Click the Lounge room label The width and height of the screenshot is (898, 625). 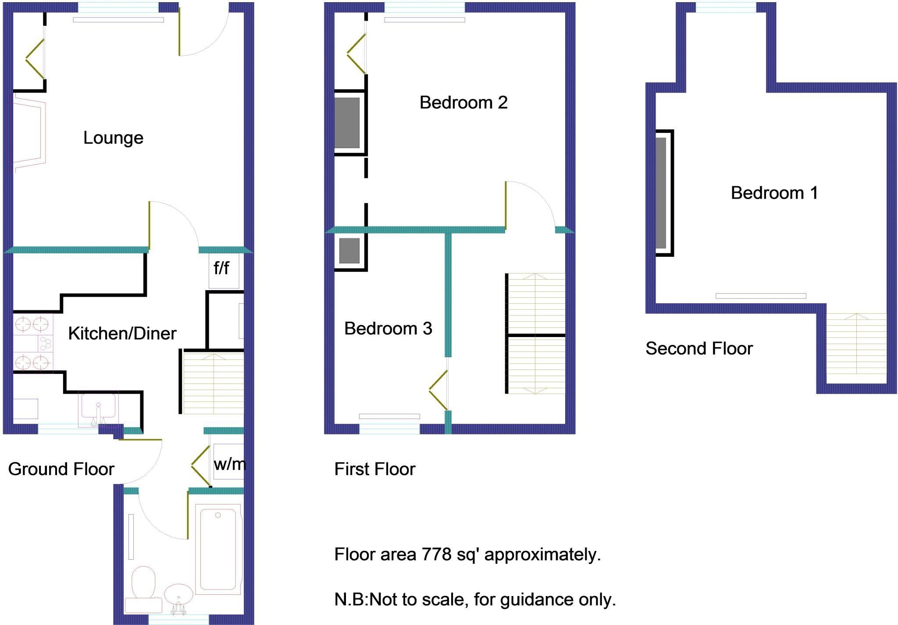tap(113, 138)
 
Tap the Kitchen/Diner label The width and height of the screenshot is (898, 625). tap(122, 334)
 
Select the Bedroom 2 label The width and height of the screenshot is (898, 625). tap(463, 103)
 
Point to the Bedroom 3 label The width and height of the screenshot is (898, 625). tap(388, 328)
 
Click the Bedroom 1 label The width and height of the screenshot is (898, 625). tap(774, 193)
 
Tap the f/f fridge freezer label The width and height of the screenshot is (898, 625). tap(221, 268)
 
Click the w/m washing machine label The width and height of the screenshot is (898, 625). tap(229, 464)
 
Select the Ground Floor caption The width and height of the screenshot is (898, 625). tap(61, 469)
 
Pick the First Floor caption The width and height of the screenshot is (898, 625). tap(375, 469)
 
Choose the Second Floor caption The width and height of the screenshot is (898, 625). tap(699, 348)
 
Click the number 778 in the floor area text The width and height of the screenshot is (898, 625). tap(436, 554)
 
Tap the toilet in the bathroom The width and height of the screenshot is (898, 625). tap(143, 583)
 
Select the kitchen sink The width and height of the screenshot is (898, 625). tap(98, 405)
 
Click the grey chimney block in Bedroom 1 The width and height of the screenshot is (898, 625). tap(661, 193)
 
